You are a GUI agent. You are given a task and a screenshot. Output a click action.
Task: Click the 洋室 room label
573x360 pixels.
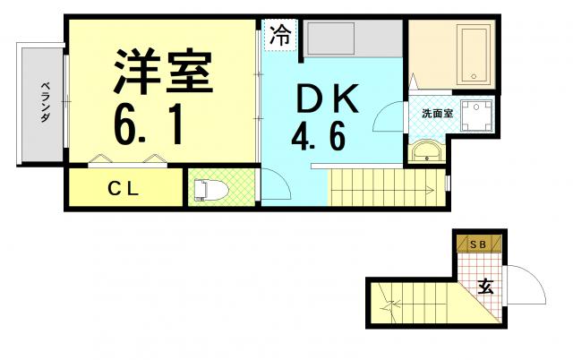click(163, 72)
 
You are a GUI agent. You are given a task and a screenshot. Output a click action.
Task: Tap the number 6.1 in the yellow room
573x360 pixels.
click(149, 125)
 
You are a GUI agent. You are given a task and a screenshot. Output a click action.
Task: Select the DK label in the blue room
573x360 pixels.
click(328, 99)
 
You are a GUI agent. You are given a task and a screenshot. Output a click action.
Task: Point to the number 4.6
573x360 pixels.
click(319, 136)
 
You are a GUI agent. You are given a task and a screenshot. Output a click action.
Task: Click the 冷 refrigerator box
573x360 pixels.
click(280, 35)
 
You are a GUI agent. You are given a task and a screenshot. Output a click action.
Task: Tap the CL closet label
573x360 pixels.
click(124, 189)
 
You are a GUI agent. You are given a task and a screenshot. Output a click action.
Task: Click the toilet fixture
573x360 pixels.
click(210, 190)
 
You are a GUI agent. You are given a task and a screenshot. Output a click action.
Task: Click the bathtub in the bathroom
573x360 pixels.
click(475, 54)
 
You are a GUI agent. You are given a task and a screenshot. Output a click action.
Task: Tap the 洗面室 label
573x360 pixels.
click(438, 114)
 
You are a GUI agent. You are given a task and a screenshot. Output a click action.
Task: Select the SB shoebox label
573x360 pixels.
click(478, 244)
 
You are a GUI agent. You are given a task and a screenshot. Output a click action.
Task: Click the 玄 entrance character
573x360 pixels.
click(486, 287)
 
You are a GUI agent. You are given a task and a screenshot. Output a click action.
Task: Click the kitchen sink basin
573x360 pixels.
click(331, 39)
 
